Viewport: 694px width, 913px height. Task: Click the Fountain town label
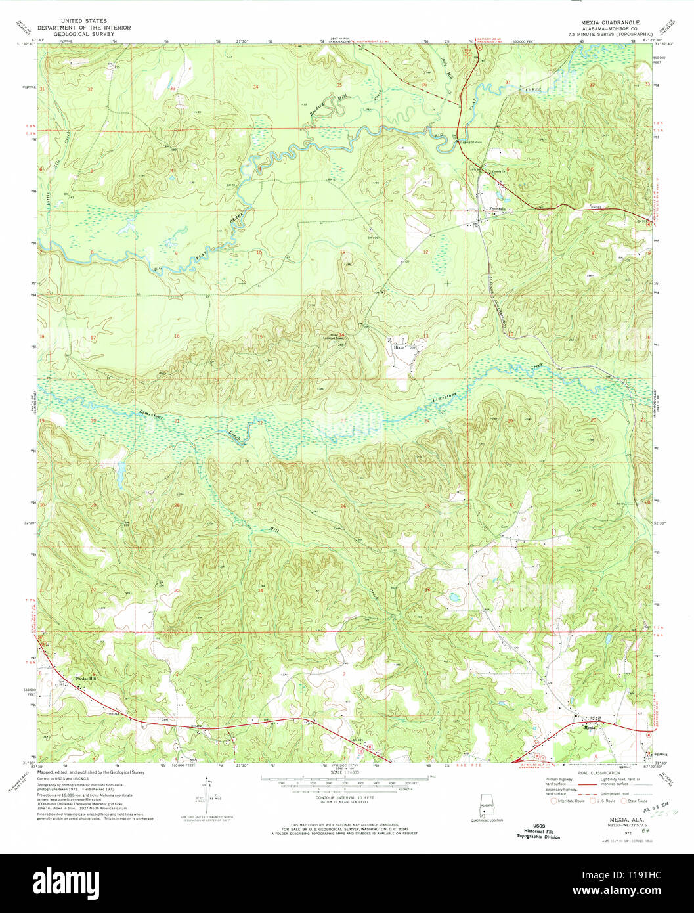[497, 210]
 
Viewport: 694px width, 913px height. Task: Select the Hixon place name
[399, 347]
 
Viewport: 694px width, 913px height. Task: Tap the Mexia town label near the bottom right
[590, 727]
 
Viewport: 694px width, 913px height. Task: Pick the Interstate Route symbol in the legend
[556, 801]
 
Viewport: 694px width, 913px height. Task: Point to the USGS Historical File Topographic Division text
[538, 831]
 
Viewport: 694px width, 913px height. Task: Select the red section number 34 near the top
[256, 87]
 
